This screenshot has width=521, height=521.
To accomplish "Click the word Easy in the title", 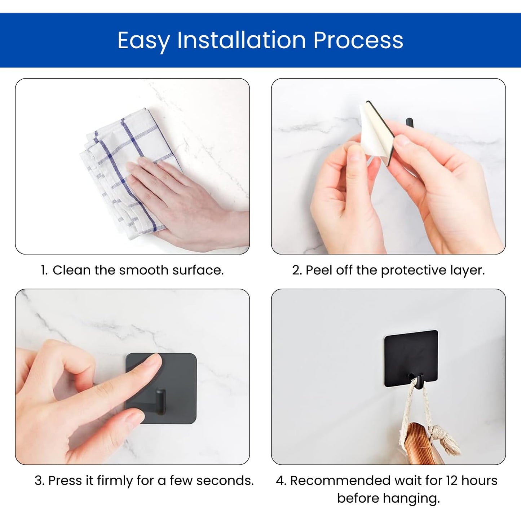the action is pos(144,41).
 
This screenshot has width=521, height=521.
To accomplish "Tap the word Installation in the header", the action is pos(242,40).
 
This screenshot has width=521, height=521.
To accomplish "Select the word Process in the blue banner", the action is pos(358,40).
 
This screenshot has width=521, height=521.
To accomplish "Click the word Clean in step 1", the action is pos(72,270).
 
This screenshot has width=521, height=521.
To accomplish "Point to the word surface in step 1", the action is pos(198,270).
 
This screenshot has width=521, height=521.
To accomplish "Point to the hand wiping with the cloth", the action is pos(186,200).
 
